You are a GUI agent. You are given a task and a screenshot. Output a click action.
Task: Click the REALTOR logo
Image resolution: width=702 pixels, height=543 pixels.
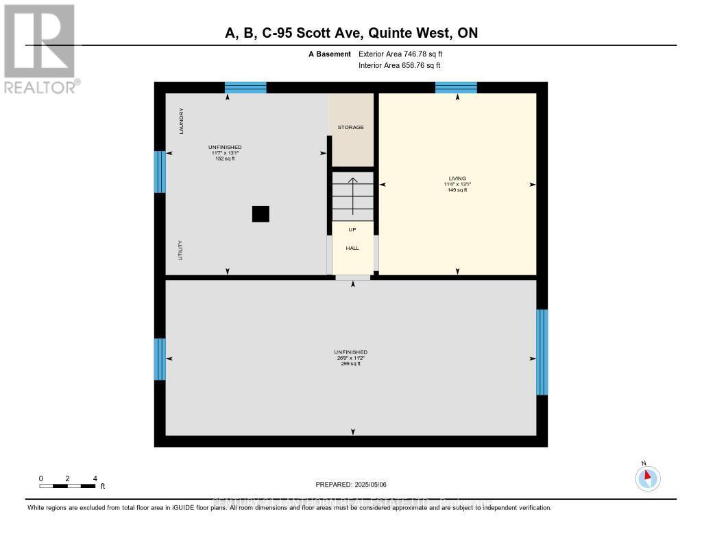point(40,48)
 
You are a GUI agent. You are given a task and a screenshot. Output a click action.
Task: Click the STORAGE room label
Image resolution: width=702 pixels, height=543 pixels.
point(350,127)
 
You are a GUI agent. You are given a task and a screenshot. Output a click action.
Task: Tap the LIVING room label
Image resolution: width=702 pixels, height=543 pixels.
point(457,178)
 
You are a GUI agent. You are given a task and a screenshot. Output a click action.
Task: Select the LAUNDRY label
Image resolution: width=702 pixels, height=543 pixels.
point(182,121)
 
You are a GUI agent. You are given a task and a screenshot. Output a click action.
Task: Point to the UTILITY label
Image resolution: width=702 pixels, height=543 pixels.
point(181,250)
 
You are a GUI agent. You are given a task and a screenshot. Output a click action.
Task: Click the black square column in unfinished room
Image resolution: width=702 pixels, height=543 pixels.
point(261,214)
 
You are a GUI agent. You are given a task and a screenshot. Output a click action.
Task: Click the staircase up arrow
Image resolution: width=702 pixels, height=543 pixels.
point(353,196)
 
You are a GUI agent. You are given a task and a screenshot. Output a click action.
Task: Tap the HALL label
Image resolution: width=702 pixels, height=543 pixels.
point(352,249)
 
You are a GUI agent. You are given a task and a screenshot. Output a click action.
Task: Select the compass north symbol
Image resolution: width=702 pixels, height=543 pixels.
point(647,477)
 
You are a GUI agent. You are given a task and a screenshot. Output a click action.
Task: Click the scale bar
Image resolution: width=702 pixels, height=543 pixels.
point(67,486)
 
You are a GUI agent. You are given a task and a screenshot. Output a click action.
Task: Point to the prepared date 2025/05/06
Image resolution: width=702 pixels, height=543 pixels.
point(351,484)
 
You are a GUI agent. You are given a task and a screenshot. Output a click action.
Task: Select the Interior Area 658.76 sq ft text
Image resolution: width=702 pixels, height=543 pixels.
point(399,65)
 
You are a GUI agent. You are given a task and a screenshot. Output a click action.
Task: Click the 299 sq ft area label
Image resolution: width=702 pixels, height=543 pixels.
point(350,364)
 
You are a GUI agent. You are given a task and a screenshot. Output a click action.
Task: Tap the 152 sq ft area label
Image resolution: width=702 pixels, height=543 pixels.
point(225,159)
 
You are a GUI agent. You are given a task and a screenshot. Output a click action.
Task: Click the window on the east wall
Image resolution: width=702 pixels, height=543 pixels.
point(542,351)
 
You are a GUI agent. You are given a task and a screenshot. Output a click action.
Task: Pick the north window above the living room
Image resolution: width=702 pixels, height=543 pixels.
point(456,87)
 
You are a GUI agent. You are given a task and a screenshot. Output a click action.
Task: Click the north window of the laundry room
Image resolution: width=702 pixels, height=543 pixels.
point(245,87)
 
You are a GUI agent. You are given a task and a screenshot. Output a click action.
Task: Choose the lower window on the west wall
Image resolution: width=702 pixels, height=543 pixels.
point(160,359)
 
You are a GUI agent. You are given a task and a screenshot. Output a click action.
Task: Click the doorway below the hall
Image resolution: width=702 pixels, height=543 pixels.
point(352,277)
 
